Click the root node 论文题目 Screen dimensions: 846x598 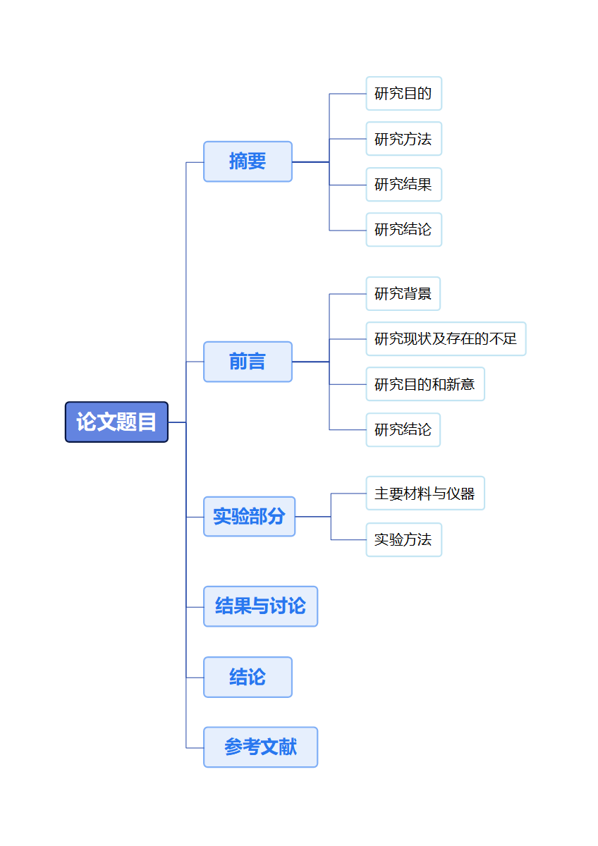point(116,422)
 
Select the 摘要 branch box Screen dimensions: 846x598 point(248,161)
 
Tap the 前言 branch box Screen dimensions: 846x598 point(248,362)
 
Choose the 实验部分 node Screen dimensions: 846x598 point(249,517)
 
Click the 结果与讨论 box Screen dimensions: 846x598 point(260,606)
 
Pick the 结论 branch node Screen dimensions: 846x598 point(248,678)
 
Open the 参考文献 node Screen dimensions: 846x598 point(260,747)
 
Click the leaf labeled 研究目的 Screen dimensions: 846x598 point(403,94)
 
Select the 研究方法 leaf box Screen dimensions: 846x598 point(403,139)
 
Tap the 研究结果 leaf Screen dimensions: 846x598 point(403,185)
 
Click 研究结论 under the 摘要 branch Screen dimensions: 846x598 point(403,230)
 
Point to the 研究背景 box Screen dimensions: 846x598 point(403,294)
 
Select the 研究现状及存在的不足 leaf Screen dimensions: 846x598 point(446,339)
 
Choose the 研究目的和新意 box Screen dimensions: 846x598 point(425,384)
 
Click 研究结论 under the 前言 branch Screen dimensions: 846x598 point(403,430)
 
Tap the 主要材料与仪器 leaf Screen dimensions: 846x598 point(425,493)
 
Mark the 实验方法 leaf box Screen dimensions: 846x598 point(403,540)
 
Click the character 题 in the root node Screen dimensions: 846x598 point(126,422)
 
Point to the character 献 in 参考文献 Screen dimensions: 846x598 point(288,747)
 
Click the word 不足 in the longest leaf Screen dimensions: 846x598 point(503,339)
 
